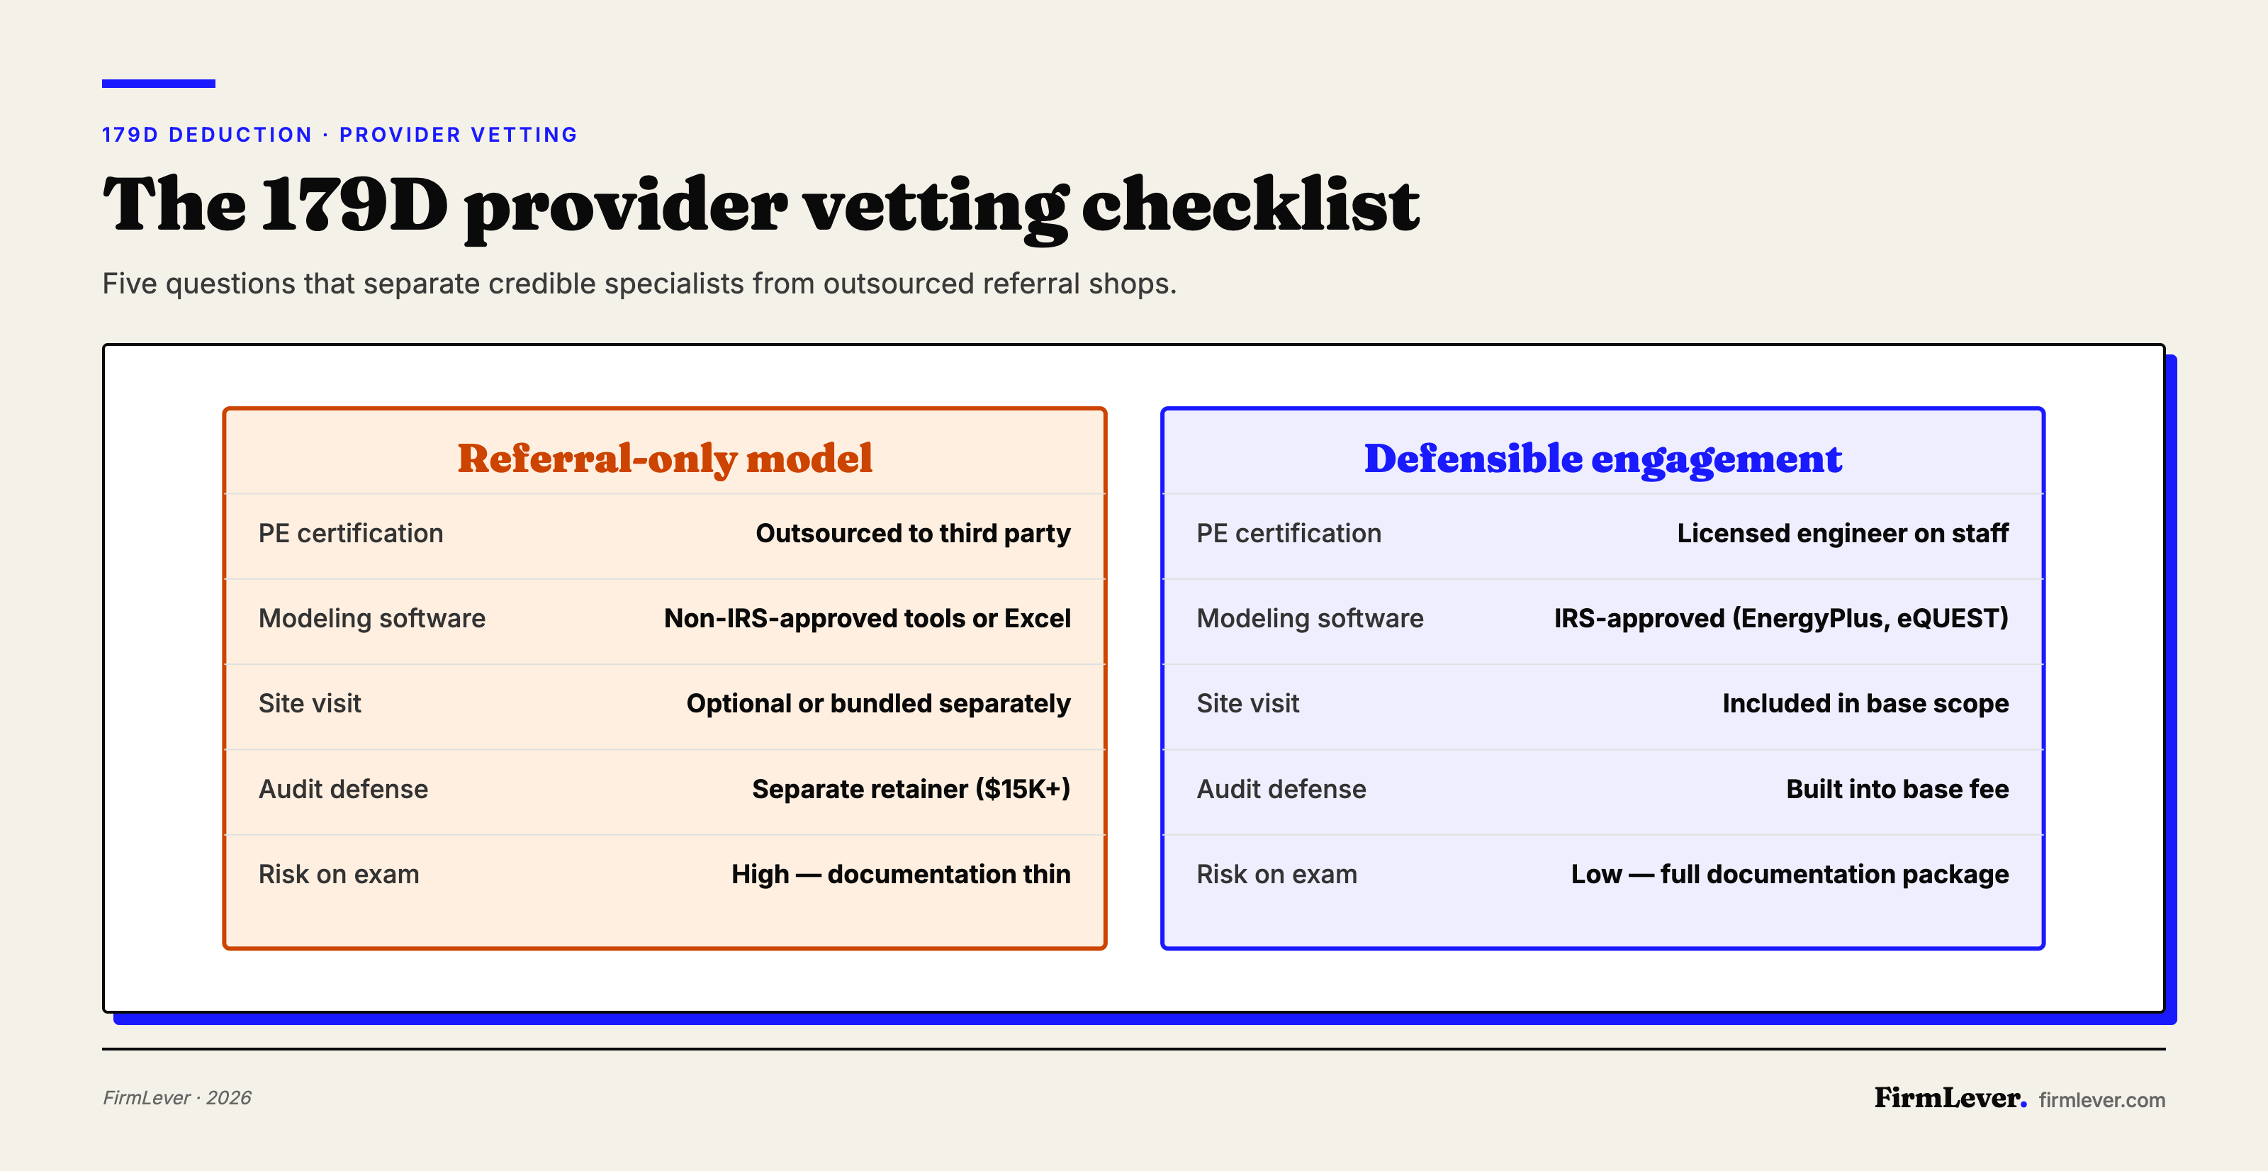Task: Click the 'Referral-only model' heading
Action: pos(665,458)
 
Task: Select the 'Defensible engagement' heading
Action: pos(1602,458)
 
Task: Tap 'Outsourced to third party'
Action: pos(913,534)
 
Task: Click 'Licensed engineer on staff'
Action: pos(1842,534)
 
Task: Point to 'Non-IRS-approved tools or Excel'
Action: pos(868,618)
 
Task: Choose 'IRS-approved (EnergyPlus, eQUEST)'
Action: pos(1780,618)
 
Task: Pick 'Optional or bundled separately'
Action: pos(878,703)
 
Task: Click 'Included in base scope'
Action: pos(1865,703)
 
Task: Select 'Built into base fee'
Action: pos(1897,789)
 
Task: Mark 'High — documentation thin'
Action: pos(901,874)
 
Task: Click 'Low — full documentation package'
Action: pos(1789,874)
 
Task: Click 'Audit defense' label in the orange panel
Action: pos(343,789)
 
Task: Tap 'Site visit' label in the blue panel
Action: pos(1247,703)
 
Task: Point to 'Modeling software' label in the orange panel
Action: pos(371,618)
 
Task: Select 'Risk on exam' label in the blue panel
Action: pos(1276,874)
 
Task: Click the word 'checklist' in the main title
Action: pos(1250,204)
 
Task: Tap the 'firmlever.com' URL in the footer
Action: pos(2101,1099)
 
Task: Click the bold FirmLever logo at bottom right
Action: pos(1949,1098)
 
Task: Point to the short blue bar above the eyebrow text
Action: pos(159,84)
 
